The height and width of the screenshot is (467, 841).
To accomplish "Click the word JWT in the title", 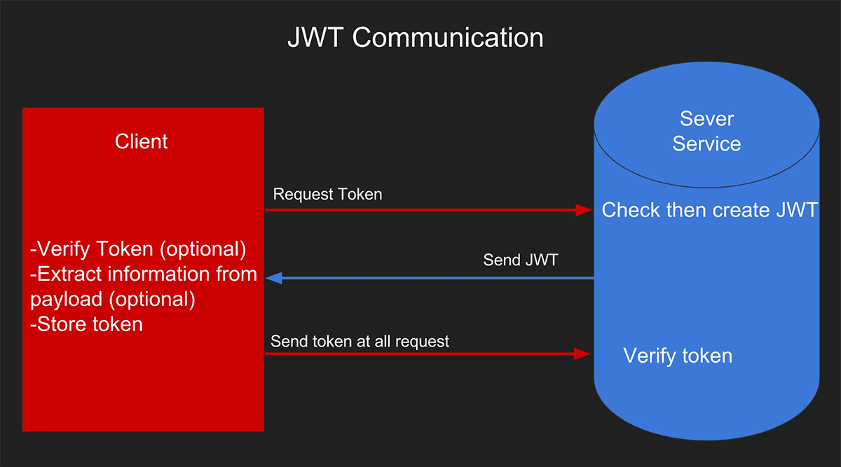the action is point(315,38).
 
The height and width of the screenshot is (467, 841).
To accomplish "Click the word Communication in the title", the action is point(448,38).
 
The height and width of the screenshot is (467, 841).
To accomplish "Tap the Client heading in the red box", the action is point(141,141).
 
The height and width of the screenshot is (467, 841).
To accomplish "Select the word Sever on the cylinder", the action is point(706,119).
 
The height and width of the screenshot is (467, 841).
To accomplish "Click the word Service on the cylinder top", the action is point(706,144).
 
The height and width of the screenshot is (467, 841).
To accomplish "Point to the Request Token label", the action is point(327,195).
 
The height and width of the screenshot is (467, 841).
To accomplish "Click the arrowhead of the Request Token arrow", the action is point(584,209).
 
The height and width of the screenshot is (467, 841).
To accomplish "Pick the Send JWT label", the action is point(520,260).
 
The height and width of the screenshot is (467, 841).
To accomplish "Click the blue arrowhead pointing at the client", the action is point(274,279).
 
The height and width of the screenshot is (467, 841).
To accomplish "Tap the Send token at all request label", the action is point(360,342).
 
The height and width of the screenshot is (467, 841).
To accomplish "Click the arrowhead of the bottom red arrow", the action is point(582,354).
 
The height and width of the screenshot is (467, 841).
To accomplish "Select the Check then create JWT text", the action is point(709,209).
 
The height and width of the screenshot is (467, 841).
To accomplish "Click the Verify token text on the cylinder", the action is point(678,356).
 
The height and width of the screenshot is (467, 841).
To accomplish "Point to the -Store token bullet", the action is point(86,324).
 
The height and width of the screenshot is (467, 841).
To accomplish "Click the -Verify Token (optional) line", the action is point(138,249).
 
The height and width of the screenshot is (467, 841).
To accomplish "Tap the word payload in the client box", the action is point(67,300).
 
